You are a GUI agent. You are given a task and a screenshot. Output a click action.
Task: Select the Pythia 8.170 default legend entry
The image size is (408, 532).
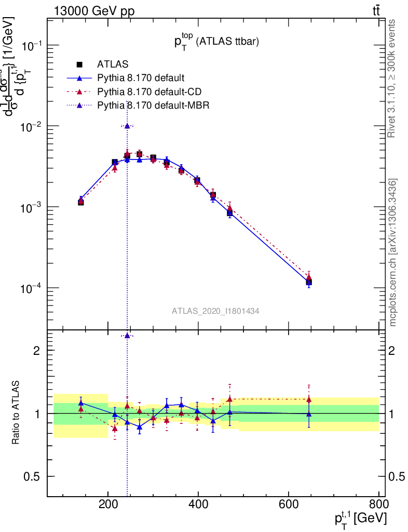[140, 78]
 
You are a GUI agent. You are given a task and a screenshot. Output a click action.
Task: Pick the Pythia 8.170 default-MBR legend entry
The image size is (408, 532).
[152, 105]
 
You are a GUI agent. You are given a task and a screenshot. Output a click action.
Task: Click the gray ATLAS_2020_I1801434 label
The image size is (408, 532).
[215, 311]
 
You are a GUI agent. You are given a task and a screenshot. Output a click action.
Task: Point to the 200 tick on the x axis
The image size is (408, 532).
[108, 504]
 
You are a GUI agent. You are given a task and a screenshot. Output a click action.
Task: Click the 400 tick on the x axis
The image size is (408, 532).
[198, 504]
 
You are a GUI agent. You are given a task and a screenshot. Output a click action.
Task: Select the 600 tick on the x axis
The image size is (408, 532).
[289, 504]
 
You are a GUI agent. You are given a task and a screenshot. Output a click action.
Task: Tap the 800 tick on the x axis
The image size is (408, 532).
[378, 504]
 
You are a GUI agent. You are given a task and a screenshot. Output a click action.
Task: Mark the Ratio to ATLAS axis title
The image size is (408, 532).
[16, 413]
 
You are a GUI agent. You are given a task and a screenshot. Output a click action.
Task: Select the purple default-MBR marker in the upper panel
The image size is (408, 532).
[127, 126]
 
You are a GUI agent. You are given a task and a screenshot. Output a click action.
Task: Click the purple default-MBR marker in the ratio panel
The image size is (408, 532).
[127, 336]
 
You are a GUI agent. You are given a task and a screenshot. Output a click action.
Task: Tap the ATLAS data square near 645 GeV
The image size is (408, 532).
[309, 282]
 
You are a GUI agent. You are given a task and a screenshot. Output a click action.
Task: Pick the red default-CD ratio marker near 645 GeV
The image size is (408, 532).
[309, 399]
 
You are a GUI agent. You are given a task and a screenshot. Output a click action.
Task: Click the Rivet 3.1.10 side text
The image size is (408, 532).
[392, 78]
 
